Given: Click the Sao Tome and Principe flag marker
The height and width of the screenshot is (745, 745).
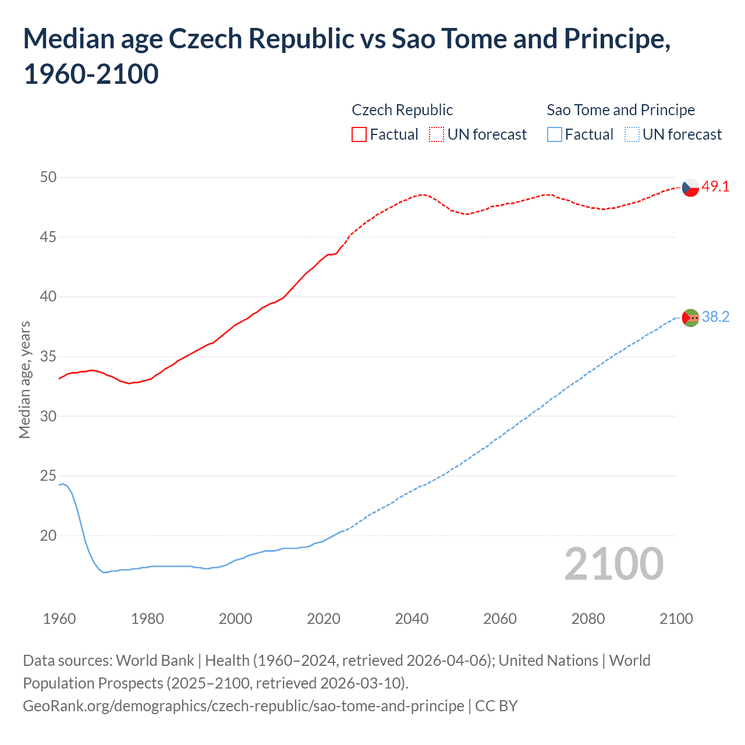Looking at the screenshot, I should [x=690, y=318].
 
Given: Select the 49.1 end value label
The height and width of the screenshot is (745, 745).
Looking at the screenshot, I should [x=715, y=187].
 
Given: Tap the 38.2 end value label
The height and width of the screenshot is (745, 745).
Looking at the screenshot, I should [x=715, y=317].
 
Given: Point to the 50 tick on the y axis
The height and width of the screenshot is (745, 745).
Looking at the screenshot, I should [x=48, y=177].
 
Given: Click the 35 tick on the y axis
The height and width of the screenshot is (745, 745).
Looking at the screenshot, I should [x=48, y=356].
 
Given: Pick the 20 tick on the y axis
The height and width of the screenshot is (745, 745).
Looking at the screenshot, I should [x=48, y=535].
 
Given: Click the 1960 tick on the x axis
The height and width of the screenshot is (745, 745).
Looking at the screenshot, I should [x=59, y=619].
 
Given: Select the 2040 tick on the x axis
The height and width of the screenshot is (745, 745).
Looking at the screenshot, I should [x=411, y=619].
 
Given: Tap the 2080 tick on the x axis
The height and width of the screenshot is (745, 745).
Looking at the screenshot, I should [x=588, y=619].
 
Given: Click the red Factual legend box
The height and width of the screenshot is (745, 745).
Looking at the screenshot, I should [x=359, y=134].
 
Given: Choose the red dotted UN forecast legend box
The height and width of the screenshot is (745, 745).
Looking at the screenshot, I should [x=437, y=134].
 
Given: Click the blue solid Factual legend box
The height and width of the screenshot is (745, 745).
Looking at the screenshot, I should [x=555, y=134].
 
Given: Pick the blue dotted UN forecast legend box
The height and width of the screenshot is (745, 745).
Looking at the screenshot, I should [x=632, y=134].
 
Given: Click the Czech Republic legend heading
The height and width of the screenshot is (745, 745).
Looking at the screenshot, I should [x=402, y=110].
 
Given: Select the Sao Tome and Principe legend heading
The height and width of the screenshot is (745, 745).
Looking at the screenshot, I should [x=620, y=110].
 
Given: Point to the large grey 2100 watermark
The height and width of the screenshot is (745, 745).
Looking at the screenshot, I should [x=613, y=563].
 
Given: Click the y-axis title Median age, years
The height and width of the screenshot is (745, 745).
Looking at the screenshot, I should [x=24, y=379].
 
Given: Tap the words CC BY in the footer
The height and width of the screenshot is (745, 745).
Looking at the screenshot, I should [x=496, y=706].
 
